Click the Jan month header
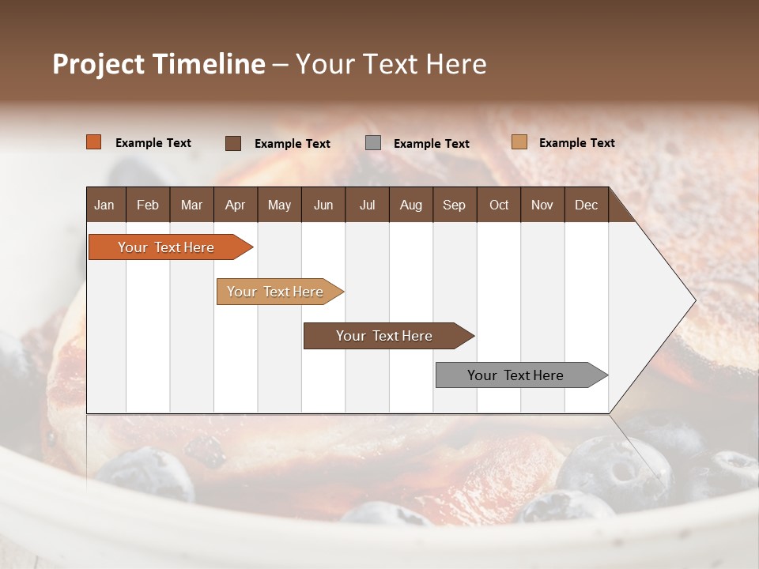(x=104, y=205)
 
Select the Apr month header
(x=235, y=205)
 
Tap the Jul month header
(x=367, y=205)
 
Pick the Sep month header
(x=454, y=205)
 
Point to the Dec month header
(x=586, y=205)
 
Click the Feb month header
(x=148, y=205)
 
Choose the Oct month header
(x=499, y=205)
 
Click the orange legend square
(x=93, y=142)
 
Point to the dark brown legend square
(x=232, y=143)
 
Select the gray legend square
(x=373, y=143)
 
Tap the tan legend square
(x=519, y=142)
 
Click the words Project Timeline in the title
(x=158, y=64)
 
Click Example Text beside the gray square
(x=431, y=144)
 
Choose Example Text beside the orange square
(x=153, y=143)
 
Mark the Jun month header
(x=323, y=205)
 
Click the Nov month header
(x=542, y=205)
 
